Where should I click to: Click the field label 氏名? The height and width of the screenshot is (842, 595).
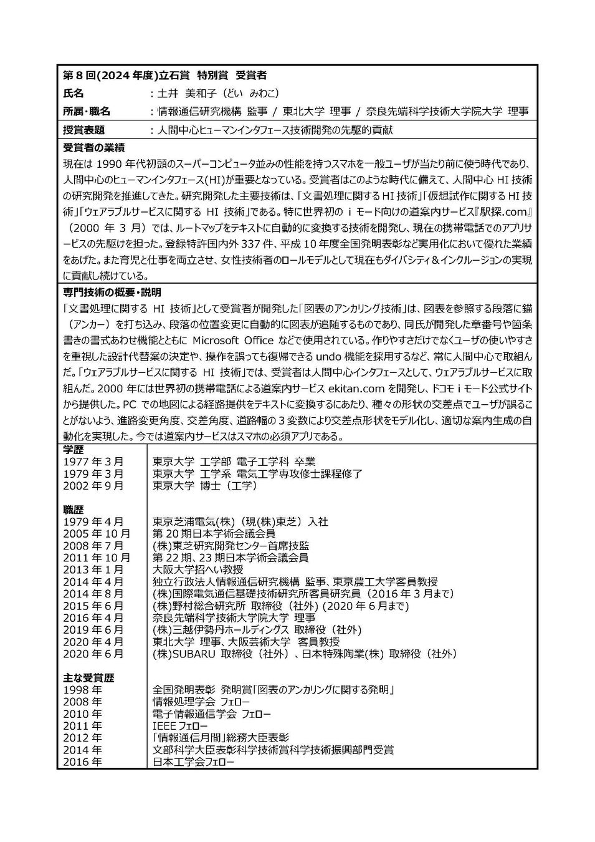point(74,93)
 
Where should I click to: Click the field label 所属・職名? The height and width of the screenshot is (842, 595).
point(87,112)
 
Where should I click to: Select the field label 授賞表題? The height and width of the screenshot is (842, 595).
point(83,130)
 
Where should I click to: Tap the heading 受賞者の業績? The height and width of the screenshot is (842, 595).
point(93,148)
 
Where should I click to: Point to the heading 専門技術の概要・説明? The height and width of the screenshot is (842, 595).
point(112,292)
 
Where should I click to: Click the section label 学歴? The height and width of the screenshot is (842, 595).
point(74,450)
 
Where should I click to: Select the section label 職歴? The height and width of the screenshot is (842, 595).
point(74,510)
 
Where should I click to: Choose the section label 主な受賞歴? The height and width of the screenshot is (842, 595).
point(88,678)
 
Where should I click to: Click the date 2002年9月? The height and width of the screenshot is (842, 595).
point(93,485)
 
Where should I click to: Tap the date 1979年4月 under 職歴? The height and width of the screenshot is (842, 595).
point(93,521)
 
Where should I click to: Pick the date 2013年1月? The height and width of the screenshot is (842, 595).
point(93,569)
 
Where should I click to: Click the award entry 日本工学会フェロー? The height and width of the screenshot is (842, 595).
point(193,762)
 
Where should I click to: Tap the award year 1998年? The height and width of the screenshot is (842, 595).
point(83,690)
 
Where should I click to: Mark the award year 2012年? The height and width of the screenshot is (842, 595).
point(83,738)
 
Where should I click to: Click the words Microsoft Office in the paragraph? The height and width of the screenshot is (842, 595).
point(232,341)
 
